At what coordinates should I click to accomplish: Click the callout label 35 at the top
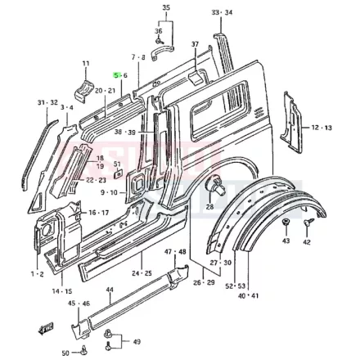pos(166,7)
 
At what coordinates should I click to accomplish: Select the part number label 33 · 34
pos(222,13)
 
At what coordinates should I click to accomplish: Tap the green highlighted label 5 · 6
pos(119,74)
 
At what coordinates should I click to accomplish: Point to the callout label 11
pos(86,63)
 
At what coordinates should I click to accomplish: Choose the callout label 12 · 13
pos(321,128)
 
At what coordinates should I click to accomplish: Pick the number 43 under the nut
pos(286,242)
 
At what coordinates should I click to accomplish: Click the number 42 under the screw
pos(307,242)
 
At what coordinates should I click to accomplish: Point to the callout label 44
pos(110,290)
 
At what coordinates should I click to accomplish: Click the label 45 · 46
pos(79,304)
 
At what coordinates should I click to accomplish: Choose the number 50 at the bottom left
pos(65,353)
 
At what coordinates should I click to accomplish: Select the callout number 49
pos(137,341)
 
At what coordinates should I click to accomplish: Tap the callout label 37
pos(195,43)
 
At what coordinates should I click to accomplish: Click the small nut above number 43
pos(285,223)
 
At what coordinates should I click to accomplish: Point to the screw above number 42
pos(309,222)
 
